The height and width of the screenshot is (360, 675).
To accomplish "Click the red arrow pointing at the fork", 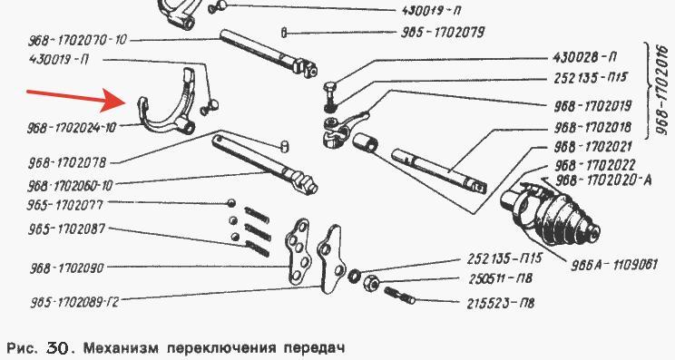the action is point(75,99).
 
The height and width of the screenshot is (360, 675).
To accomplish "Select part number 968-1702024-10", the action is point(72,128).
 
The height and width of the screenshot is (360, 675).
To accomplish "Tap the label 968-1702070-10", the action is point(78,41).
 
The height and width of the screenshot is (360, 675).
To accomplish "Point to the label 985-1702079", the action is point(443,33).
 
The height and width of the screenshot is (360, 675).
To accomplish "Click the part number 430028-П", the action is point(585,57).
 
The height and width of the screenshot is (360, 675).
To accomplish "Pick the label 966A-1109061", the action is point(614,264).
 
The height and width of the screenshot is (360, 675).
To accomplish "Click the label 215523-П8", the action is point(501,303).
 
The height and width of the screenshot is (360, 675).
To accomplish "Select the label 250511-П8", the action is point(501,278).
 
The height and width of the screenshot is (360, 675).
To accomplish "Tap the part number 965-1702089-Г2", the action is point(74,302).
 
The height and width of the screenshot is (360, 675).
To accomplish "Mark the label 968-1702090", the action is point(67,268).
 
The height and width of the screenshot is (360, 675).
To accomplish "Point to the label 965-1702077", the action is point(65,205).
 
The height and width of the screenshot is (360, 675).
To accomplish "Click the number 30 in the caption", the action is point(56,347).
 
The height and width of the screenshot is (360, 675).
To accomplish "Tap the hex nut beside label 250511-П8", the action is point(371,284).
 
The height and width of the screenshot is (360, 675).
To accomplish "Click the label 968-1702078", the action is point(67,163).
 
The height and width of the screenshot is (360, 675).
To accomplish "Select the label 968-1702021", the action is point(592,147).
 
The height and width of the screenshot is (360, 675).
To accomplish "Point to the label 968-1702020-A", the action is point(603,180).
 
